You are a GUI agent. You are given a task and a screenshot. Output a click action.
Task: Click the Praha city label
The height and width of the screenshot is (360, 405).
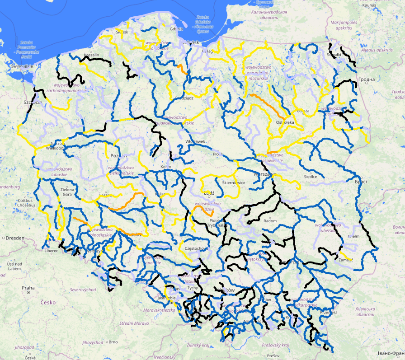click(x=28, y=287)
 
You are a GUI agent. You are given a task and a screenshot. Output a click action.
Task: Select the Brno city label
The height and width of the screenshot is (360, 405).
click(x=113, y=342)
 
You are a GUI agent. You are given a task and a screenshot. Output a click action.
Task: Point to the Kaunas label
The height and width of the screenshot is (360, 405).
click(x=369, y=5)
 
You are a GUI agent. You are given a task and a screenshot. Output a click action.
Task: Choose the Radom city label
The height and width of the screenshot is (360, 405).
click(x=270, y=221)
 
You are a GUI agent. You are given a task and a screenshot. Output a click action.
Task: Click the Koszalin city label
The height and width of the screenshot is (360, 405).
click(x=90, y=55)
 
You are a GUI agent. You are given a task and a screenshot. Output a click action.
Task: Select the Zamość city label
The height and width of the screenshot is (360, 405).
click(x=345, y=260)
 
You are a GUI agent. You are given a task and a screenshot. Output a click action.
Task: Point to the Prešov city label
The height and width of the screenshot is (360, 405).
click(x=272, y=355)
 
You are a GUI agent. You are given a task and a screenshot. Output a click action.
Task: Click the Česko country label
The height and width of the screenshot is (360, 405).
click(x=47, y=302)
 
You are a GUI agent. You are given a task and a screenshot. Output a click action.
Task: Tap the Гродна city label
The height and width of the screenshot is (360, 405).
click(x=366, y=79)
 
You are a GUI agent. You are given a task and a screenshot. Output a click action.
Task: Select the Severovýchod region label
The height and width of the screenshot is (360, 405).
click(x=83, y=289)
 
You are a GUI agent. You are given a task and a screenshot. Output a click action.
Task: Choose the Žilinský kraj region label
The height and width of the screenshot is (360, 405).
click(x=199, y=345)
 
